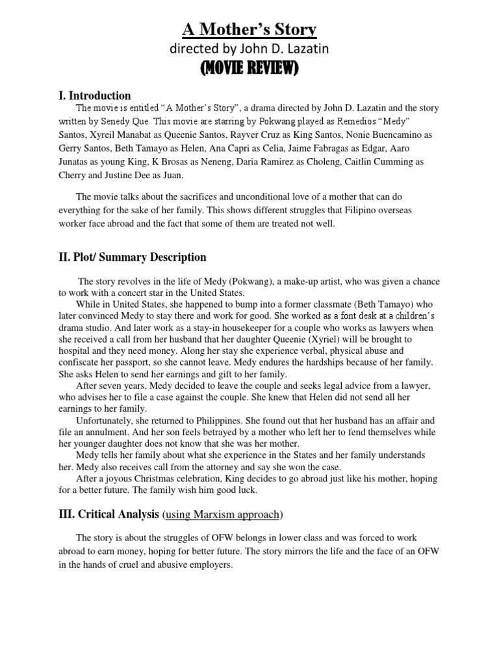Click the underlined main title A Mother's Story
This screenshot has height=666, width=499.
pyautogui.click(x=249, y=29)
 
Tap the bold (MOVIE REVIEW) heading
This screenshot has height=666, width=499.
pyautogui.click(x=249, y=68)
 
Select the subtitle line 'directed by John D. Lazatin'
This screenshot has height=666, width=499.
pyautogui.click(x=249, y=49)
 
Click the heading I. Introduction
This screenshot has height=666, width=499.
pyautogui.click(x=95, y=96)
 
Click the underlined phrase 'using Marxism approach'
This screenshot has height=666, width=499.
pyautogui.click(x=222, y=514)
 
